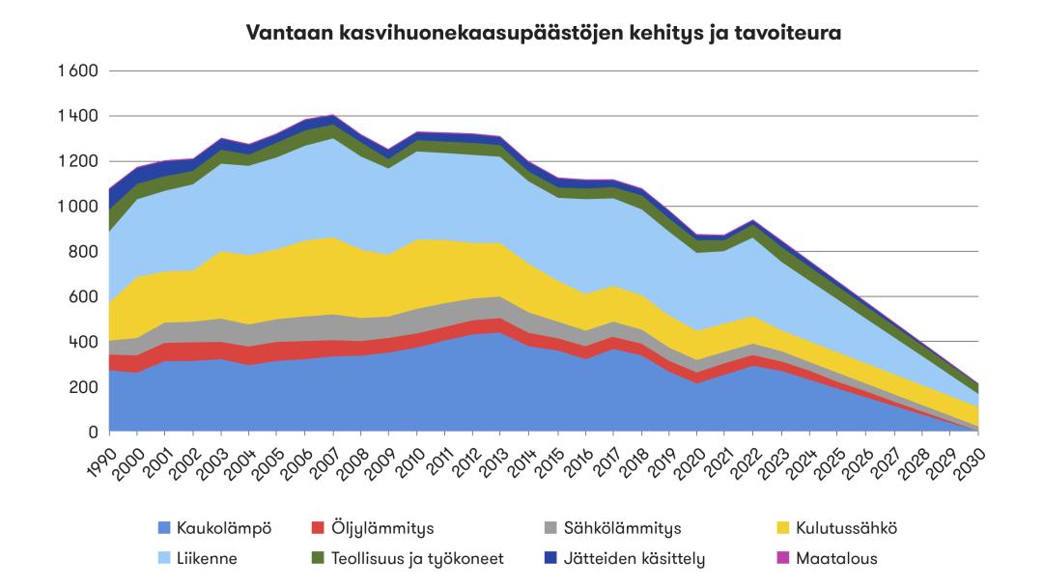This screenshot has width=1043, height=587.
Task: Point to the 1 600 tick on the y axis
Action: click(x=78, y=71)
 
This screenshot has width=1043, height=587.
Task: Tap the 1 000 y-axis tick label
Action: click(x=78, y=207)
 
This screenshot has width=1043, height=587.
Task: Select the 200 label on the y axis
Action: click(x=85, y=387)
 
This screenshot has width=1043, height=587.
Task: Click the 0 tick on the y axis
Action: click(x=95, y=433)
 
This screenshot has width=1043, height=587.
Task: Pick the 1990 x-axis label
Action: click(x=99, y=453)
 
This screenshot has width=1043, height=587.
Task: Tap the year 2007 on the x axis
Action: click(x=324, y=453)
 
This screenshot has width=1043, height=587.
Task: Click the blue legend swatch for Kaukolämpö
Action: click(x=164, y=528)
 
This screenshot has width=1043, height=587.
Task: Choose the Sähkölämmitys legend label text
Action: click(x=624, y=528)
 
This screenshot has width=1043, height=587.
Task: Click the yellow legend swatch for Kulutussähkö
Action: click(x=783, y=528)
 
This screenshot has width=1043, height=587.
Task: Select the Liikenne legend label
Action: click(x=208, y=558)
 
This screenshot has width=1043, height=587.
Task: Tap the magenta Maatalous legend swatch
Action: click(x=783, y=558)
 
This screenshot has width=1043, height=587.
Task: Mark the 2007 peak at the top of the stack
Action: click(x=334, y=115)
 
